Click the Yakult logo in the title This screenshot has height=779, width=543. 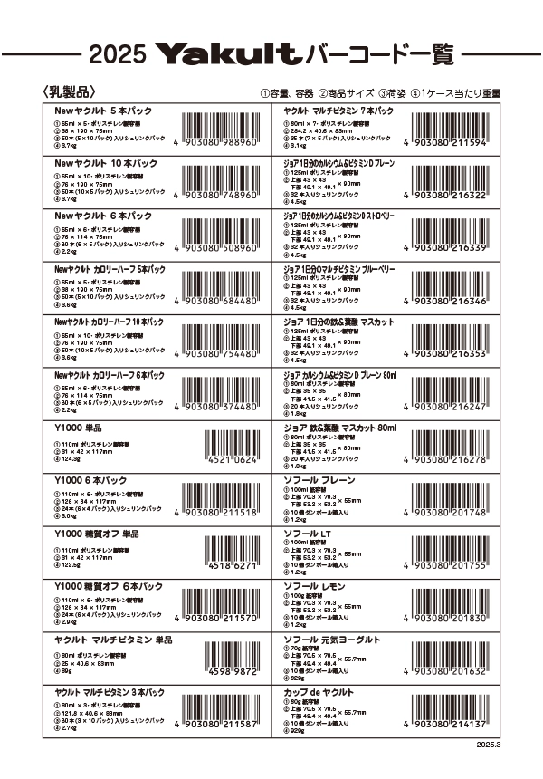[x=228, y=55]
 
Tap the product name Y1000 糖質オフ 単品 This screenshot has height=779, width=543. [x=97, y=534]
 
